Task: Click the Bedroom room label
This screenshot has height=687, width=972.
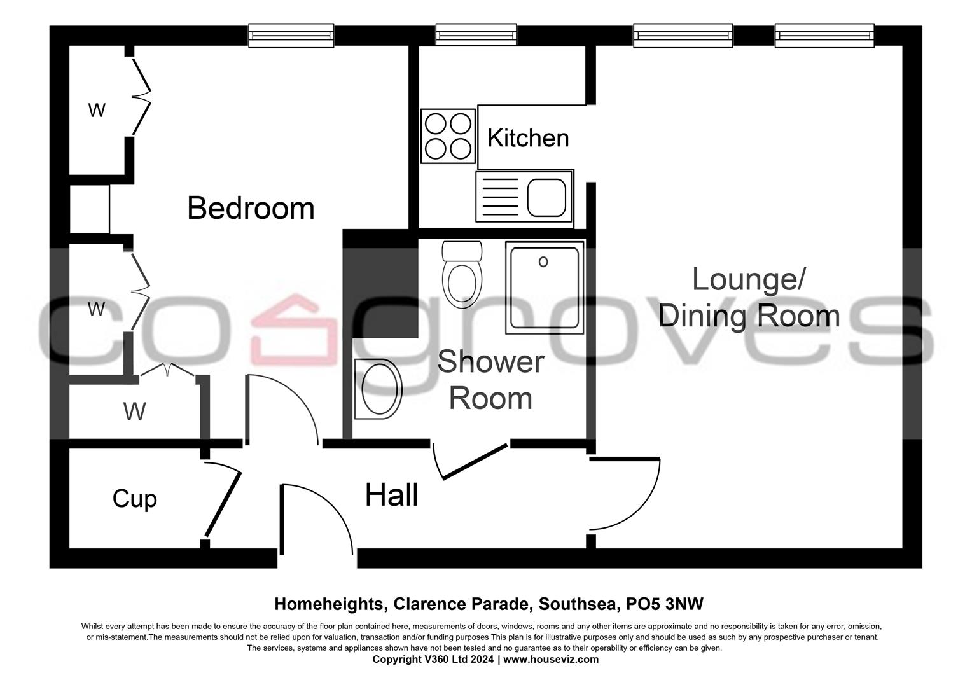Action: coord(251,209)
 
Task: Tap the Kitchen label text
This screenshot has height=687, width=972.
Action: coord(527,138)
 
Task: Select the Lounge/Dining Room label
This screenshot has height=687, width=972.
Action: coord(749,298)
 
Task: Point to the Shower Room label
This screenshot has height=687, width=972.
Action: coord(490,380)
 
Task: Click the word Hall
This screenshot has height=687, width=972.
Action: coord(391,496)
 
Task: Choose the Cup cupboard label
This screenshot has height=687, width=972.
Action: coord(134,499)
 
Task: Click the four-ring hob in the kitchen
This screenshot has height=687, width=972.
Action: coord(448,135)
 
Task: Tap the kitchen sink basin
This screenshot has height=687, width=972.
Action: coord(546,197)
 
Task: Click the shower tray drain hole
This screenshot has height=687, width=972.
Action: coord(543,262)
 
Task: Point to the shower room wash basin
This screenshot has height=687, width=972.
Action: coord(379,389)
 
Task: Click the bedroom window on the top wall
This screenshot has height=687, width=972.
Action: coord(291,36)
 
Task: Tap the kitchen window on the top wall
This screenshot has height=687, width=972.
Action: coord(476,36)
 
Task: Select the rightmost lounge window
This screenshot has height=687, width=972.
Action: coord(824,36)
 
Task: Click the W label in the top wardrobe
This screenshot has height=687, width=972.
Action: coord(97,111)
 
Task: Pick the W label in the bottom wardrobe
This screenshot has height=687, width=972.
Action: coord(134,412)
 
